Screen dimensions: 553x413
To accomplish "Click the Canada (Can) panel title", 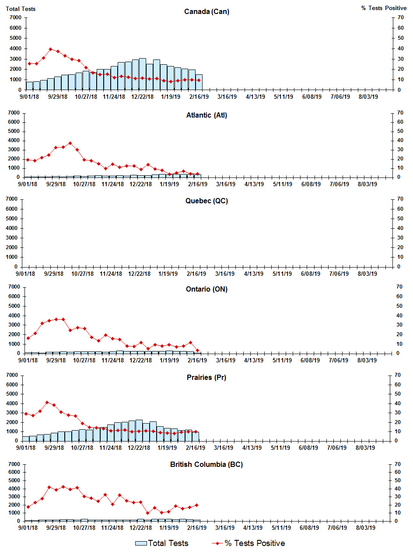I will click(x=206, y=11).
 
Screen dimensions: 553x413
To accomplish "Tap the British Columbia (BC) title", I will click(x=206, y=464).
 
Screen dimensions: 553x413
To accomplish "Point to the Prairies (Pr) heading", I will click(x=206, y=377).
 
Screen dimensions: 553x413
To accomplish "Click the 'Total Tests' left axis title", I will click(x=21, y=9).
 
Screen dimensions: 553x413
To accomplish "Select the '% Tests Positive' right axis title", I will click(x=384, y=8).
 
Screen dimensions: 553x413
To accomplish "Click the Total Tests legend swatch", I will click(x=141, y=543).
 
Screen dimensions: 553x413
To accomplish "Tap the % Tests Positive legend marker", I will click(x=217, y=543).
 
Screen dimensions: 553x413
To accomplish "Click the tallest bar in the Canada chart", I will click(x=142, y=74).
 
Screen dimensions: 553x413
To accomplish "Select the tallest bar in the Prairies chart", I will click(x=139, y=431).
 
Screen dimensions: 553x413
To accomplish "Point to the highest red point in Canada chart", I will click(x=51, y=49).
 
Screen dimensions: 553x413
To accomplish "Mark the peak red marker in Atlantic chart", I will click(x=70, y=143).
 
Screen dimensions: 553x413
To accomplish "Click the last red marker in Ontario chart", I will click(x=197, y=350).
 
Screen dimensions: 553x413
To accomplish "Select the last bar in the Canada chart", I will click(x=199, y=82).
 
